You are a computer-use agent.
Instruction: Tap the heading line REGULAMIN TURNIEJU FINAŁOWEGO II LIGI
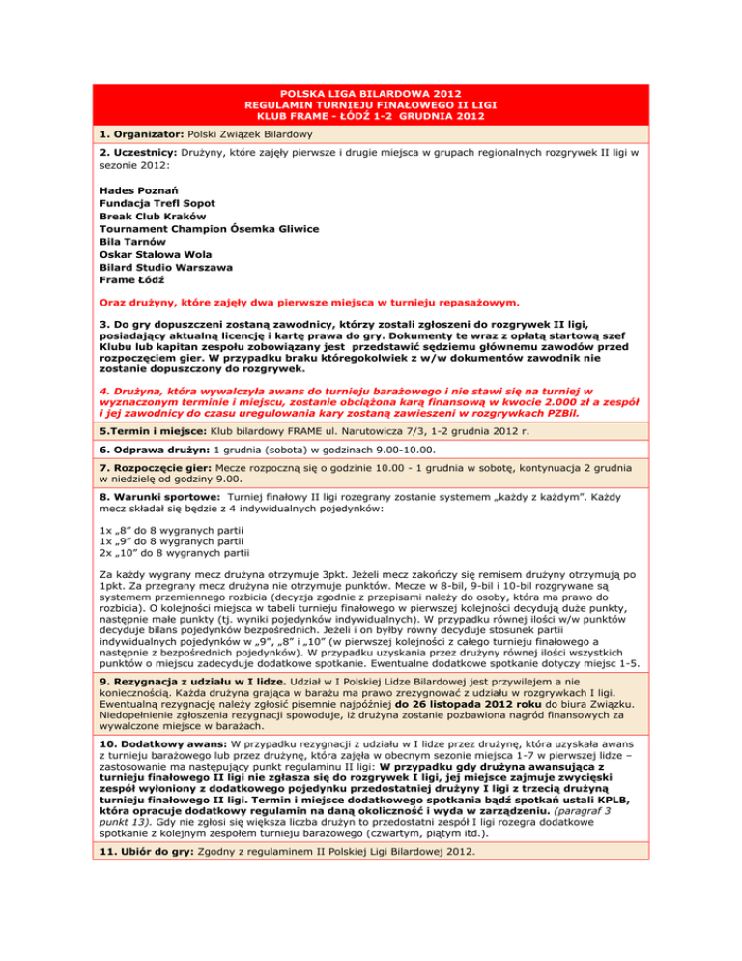click(x=370, y=105)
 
